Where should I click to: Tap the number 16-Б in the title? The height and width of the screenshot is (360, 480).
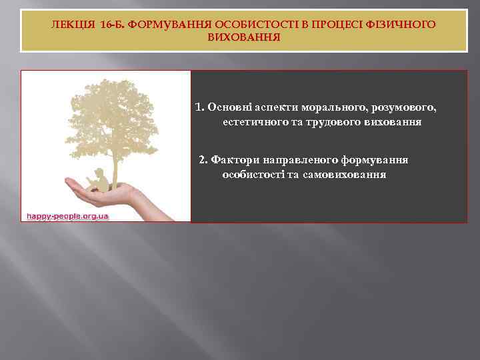pyautogui.click(x=111, y=25)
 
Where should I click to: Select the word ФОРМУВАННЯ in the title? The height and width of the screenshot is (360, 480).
pyautogui.click(x=161, y=25)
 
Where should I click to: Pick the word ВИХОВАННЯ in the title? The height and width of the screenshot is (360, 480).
pyautogui.click(x=244, y=37)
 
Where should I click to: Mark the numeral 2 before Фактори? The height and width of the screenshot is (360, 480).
pyautogui.click(x=201, y=159)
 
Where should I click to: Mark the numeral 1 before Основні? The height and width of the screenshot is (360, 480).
pyautogui.click(x=199, y=107)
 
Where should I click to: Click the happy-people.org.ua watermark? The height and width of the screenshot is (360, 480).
pyautogui.click(x=67, y=217)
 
